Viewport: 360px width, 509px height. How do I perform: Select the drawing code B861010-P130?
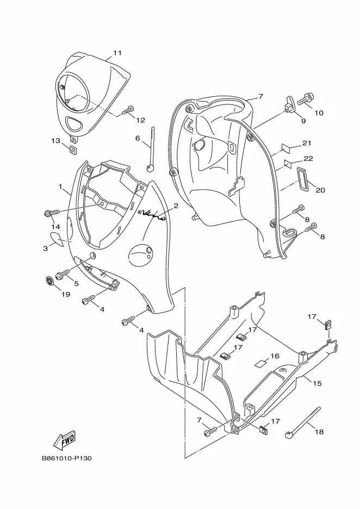[66, 458]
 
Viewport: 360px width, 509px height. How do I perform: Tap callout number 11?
[117, 53]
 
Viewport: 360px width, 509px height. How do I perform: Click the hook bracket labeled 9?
[290, 104]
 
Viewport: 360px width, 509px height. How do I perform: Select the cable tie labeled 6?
[150, 149]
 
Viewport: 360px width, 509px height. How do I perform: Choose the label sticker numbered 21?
[285, 148]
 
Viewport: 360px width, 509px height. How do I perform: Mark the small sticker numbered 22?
[288, 163]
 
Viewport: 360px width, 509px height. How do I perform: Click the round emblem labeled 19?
[49, 281]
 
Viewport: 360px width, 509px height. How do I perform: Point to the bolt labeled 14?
[52, 213]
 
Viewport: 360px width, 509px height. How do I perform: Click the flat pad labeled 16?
[260, 363]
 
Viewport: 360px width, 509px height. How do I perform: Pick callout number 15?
[317, 383]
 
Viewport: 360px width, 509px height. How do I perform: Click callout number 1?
[60, 187]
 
